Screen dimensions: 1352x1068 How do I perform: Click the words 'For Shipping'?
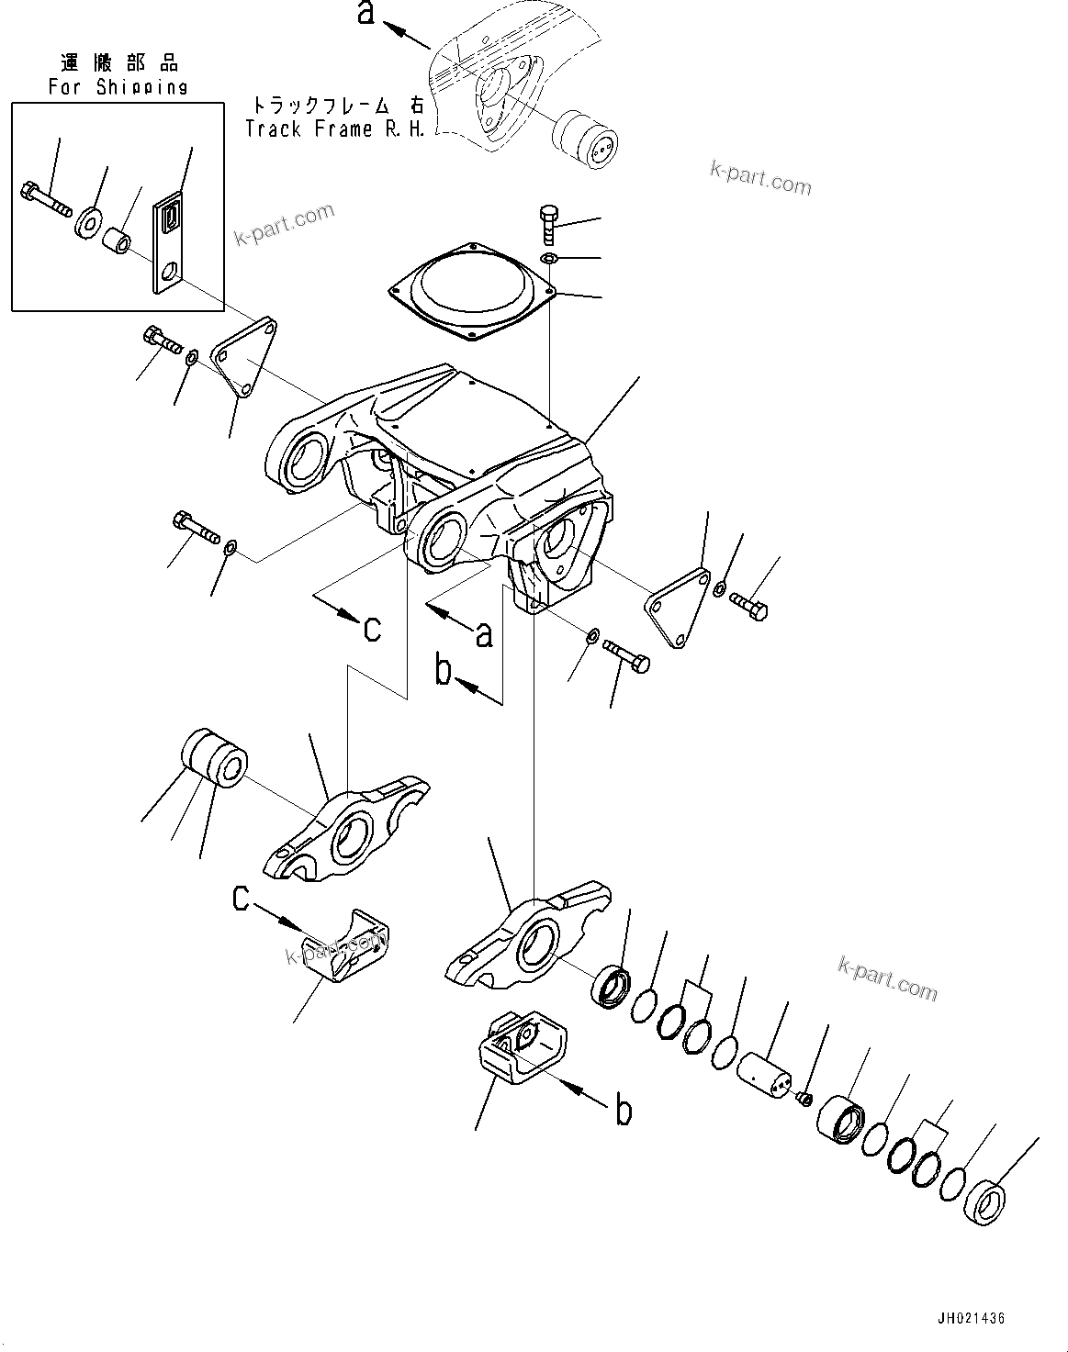coord(118,87)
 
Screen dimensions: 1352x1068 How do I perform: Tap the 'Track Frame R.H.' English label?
coord(335,129)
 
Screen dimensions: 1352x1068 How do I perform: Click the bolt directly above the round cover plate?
coord(547,223)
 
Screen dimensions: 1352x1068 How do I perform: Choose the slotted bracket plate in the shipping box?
coord(169,244)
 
